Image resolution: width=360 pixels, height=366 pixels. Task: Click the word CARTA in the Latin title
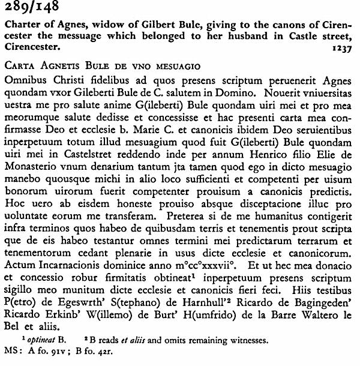(x=20, y=64)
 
